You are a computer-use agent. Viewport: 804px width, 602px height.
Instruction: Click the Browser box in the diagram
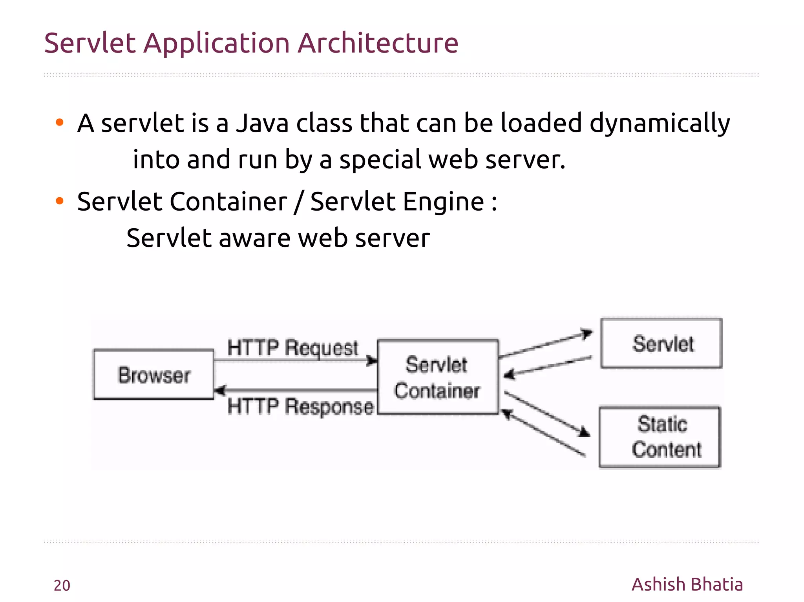point(154,375)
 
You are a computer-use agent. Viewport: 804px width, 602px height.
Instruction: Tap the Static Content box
point(660,437)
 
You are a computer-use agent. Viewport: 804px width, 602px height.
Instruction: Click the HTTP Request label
point(292,347)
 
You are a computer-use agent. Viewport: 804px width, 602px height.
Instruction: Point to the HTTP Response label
point(300,406)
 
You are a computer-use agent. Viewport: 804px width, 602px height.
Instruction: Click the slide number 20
point(62,585)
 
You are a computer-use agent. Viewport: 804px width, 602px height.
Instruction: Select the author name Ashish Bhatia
point(687,584)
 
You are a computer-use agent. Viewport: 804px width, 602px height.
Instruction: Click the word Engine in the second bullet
point(444,202)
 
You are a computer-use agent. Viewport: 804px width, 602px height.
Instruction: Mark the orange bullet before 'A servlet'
point(60,122)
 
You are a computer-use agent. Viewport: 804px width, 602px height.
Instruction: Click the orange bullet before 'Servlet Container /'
point(60,201)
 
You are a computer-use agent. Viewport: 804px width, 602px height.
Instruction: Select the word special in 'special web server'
point(379,160)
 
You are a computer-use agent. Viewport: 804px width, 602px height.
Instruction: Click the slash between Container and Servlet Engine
point(298,202)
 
